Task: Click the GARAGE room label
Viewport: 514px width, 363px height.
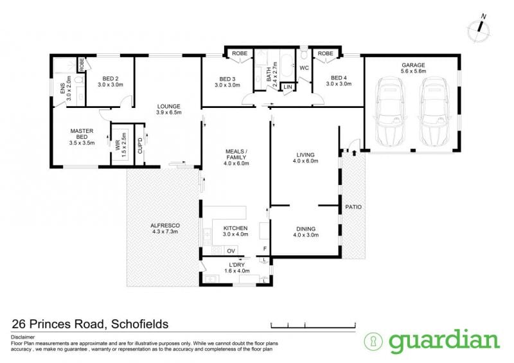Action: click(x=413, y=66)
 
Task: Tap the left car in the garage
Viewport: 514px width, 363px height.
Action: click(x=391, y=112)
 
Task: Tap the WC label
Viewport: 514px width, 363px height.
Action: click(x=304, y=68)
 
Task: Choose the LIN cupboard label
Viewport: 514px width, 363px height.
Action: click(x=287, y=87)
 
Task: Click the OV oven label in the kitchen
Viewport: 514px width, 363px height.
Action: click(x=231, y=251)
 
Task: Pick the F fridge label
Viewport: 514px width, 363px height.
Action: click(x=265, y=249)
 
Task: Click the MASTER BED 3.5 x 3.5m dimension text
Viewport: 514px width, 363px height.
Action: click(x=82, y=143)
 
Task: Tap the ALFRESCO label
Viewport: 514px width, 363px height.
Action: click(x=165, y=226)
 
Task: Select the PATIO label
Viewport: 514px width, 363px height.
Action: click(x=353, y=207)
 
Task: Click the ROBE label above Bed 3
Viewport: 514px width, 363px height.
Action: click(x=240, y=53)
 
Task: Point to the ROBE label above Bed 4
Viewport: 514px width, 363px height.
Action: click(x=325, y=53)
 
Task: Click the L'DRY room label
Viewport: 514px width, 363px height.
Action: click(x=236, y=265)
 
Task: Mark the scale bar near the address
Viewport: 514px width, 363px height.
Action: click(x=313, y=325)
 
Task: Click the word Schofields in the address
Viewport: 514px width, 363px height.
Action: click(x=140, y=324)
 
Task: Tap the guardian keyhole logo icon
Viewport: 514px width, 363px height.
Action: click(x=373, y=341)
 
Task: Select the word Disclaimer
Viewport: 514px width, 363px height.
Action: click(x=23, y=337)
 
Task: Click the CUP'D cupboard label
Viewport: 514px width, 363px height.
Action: click(x=140, y=146)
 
